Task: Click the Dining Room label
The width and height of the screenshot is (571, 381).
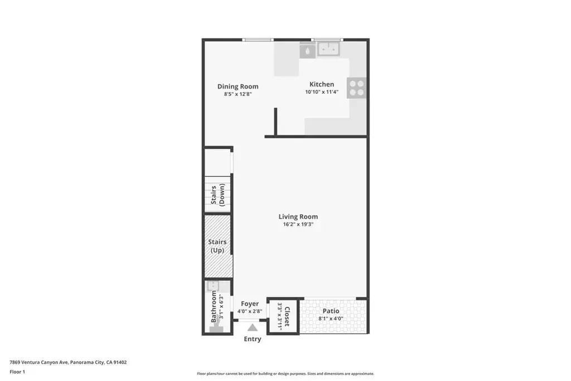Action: [x=238, y=86]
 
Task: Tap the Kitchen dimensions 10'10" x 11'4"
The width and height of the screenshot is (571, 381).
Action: [x=322, y=92]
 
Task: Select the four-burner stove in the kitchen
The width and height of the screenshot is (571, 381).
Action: [x=356, y=88]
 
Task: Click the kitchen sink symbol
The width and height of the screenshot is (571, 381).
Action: [x=328, y=49]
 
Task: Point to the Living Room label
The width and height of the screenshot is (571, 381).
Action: [x=298, y=216]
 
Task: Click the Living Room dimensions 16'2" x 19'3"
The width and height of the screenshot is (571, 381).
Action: [x=298, y=224]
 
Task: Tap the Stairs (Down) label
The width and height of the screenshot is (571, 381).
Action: [x=218, y=195]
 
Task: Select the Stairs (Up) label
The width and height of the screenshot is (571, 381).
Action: [x=217, y=246]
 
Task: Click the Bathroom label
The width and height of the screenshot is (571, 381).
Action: [x=214, y=306]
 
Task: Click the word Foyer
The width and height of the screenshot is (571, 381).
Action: [x=250, y=304]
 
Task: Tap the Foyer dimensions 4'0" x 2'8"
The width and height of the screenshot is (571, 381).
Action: [x=250, y=311]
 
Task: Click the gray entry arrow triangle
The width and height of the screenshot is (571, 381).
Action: [x=253, y=327]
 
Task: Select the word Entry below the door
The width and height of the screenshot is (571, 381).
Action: [x=253, y=339]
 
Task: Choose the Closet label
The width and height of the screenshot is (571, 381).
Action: [x=287, y=316]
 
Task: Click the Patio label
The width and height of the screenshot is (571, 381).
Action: [x=331, y=311]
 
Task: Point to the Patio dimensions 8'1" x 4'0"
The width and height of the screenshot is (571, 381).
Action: [x=331, y=319]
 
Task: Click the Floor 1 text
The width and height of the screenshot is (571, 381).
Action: [x=17, y=372]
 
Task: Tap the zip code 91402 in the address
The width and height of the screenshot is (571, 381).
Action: [x=120, y=363]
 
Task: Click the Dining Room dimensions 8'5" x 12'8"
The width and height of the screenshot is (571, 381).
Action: [x=238, y=94]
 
